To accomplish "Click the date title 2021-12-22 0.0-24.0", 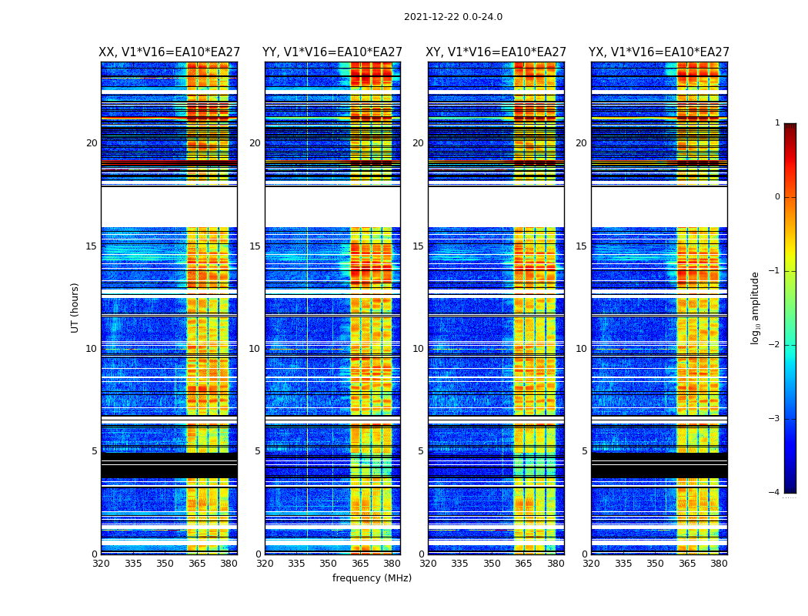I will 452,17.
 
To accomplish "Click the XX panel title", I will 169,52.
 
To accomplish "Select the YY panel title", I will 332,52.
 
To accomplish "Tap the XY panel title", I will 496,52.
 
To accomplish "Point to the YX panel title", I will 659,52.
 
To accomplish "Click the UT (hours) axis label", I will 75,307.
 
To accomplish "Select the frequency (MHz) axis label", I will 372,578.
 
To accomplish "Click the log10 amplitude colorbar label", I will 756,308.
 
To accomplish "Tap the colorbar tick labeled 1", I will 777,123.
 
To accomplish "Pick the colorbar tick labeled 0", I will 777,197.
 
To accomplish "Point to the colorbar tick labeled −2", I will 776,345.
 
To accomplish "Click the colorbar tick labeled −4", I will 776,493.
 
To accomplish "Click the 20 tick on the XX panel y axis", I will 92,143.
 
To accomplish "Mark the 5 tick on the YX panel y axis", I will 584,451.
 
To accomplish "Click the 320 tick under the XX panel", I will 101,564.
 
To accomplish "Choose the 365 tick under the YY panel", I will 360,564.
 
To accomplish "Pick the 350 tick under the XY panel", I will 492,564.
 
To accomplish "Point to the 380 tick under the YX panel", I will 719,564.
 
